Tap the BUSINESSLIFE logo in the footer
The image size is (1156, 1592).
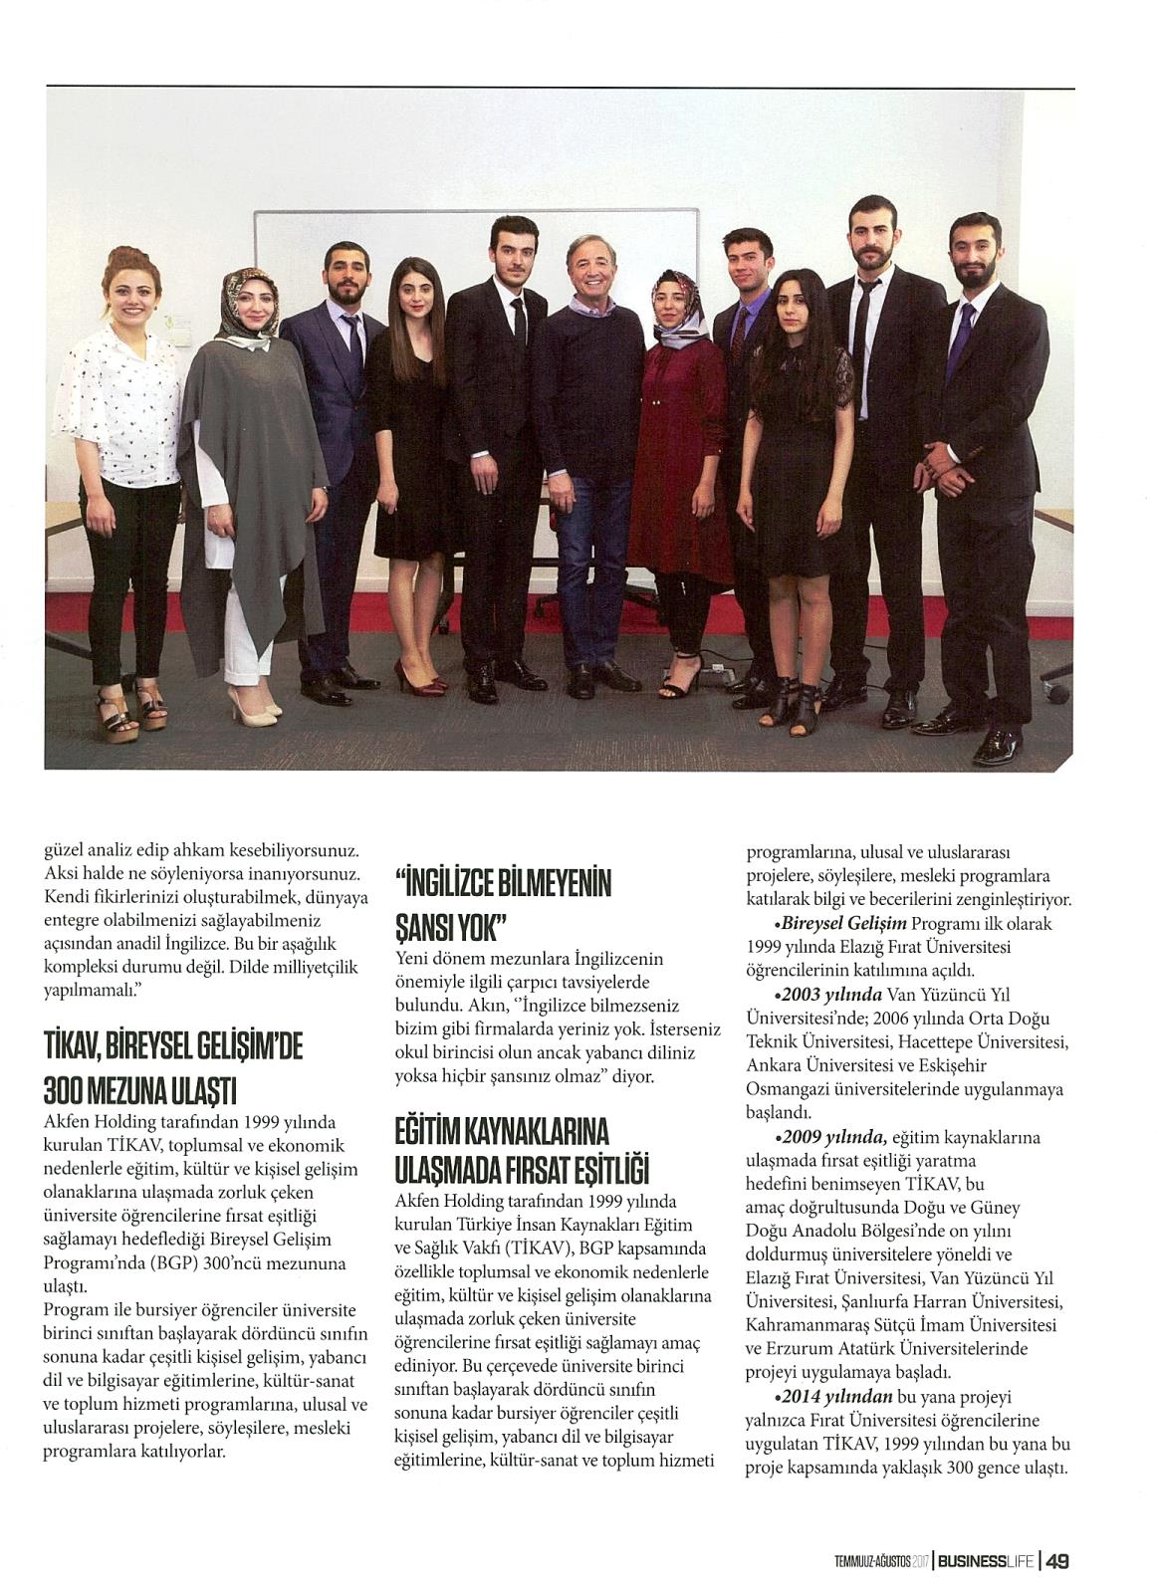pyautogui.click(x=985, y=1561)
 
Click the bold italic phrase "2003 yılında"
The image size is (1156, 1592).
pyautogui.click(x=832, y=995)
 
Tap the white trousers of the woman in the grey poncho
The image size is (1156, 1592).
pyautogui.click(x=245, y=637)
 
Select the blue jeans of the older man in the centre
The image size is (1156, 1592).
pyautogui.click(x=587, y=558)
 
